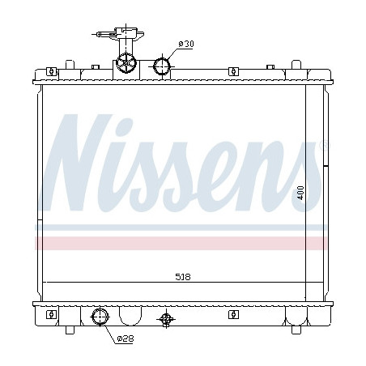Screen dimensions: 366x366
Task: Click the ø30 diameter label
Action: (185, 44)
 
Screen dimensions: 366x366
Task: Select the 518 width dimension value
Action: (183, 276)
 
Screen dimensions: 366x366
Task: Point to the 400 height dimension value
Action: (300, 194)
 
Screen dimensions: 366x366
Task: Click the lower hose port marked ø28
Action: (101, 317)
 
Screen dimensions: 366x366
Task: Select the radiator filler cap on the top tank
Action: (127, 62)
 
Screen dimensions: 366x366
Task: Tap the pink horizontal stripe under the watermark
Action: (183, 241)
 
